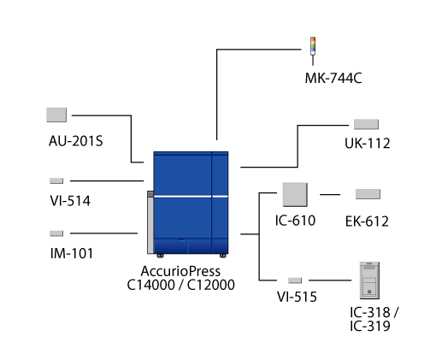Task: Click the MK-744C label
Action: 333,78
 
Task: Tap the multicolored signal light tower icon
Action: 313,50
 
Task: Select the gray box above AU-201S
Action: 56,115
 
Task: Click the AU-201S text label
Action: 75,141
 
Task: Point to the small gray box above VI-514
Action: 56,180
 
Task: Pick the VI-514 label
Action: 70,201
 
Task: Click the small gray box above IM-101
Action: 56,233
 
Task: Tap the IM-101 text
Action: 72,253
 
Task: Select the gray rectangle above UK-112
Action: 366,124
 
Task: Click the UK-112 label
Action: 368,144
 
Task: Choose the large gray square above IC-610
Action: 295,194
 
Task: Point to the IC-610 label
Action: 295,221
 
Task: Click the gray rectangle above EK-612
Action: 368,194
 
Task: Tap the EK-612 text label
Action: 367,221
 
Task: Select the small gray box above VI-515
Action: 295,280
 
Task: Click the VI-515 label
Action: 297,297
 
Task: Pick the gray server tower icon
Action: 369,280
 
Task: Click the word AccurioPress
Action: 180,271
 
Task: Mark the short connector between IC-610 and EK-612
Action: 330,195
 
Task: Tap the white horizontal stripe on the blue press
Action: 191,197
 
